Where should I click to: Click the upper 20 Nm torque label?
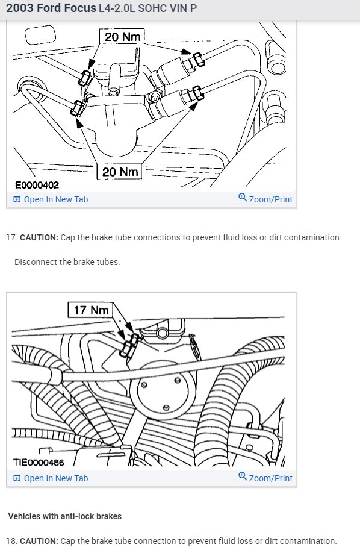point(122,36)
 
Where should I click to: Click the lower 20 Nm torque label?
point(120,172)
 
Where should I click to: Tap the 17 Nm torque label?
point(91,310)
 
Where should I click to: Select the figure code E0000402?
point(37,185)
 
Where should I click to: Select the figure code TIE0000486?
point(39,462)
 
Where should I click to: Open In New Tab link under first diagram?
point(51,199)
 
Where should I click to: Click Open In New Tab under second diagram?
point(51,478)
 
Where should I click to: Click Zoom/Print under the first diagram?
point(265,199)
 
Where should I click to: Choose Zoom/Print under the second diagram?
point(265,478)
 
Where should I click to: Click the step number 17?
point(11,237)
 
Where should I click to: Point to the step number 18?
point(11,541)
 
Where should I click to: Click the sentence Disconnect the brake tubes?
point(67,262)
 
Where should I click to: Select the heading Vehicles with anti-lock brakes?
point(65,516)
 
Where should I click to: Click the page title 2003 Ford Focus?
point(51,8)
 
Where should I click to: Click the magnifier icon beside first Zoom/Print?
point(243,198)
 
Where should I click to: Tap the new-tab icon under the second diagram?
point(17,478)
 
